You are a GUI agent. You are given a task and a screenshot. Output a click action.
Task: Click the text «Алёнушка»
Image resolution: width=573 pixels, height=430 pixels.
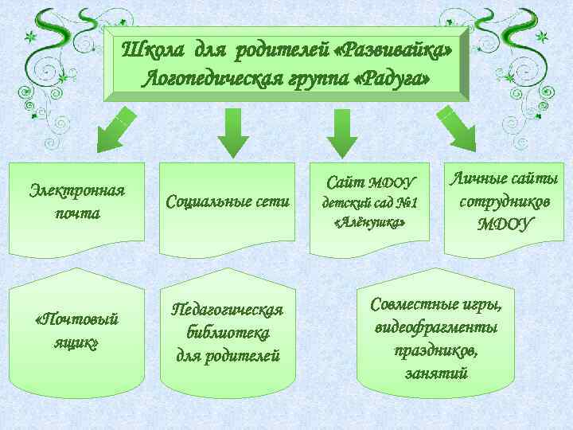(369, 224)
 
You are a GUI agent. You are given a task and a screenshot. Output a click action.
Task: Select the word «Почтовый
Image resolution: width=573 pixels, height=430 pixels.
(78, 320)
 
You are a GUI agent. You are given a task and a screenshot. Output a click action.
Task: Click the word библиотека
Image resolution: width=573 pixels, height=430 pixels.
(228, 332)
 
